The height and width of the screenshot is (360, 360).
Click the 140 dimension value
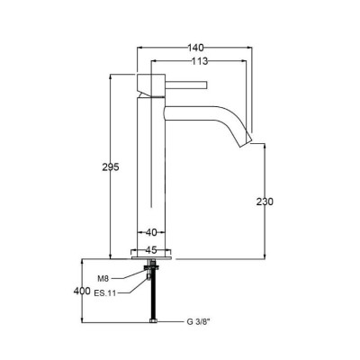(x=195, y=48)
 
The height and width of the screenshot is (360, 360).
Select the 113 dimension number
(x=200, y=61)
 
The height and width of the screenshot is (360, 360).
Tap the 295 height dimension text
(x=111, y=167)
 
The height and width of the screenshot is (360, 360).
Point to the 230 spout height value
(x=265, y=202)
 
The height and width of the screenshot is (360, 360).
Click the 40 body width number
(x=151, y=232)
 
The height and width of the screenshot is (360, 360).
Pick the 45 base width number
(x=151, y=249)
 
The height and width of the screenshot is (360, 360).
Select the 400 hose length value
(x=82, y=291)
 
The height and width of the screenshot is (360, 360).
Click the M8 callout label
(x=103, y=279)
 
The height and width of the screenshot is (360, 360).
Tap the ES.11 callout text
(x=105, y=293)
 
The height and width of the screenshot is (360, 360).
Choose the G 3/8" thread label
(x=199, y=322)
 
